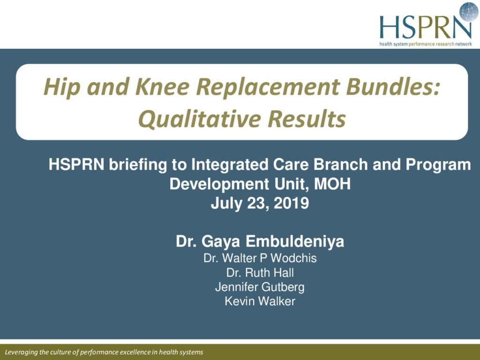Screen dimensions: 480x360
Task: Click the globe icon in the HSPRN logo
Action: point(469,12)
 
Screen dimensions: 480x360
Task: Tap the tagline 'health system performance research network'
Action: point(426,44)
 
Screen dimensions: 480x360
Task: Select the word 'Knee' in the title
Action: point(162,86)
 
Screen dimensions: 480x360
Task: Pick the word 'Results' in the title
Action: point(307,119)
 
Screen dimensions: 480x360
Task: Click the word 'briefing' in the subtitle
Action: point(138,165)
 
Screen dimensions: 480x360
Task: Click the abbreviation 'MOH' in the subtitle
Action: point(332,184)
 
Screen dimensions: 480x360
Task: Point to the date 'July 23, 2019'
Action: point(260,203)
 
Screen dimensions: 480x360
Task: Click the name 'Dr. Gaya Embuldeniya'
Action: point(260,241)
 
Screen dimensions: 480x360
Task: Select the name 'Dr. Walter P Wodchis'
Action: point(260,258)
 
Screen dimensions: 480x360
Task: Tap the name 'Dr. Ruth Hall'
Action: point(260,272)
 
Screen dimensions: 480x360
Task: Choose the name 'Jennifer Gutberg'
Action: point(260,287)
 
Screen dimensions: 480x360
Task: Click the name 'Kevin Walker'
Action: point(260,301)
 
